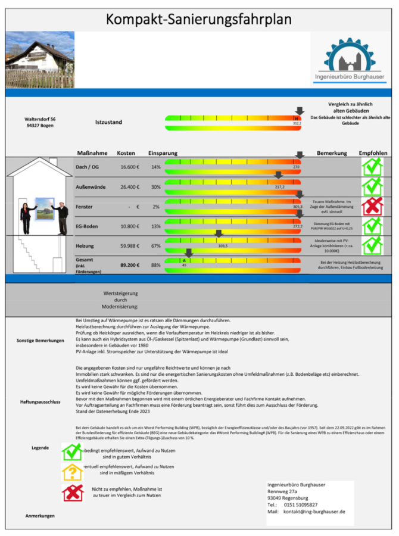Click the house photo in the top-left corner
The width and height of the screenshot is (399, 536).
point(40,60)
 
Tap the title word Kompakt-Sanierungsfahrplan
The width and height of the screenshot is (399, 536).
point(199,19)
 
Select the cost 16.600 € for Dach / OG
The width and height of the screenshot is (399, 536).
point(129,167)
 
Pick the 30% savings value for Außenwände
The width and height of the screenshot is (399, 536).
point(156,187)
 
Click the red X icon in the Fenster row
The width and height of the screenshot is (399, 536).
point(372,206)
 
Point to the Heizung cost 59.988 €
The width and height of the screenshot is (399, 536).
point(129,246)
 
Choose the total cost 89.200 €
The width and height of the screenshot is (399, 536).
point(129,265)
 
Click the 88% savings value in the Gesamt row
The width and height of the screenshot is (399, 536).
point(156,265)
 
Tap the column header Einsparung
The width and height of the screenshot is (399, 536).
point(163,153)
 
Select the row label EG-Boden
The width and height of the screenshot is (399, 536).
point(88,226)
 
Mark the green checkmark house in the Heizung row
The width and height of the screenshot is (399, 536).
point(372,245)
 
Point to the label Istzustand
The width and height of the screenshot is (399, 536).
point(108,122)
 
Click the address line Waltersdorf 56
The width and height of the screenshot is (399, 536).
point(40,119)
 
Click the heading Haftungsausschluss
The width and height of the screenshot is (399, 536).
point(40,401)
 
